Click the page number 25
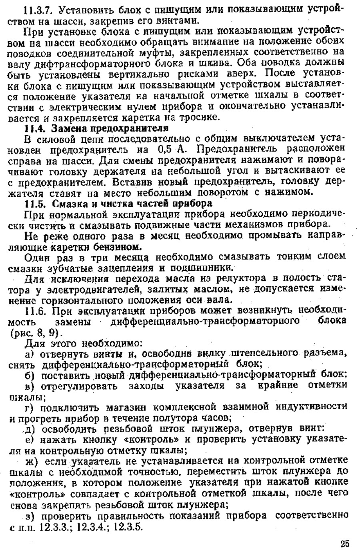tap(345, 543)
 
